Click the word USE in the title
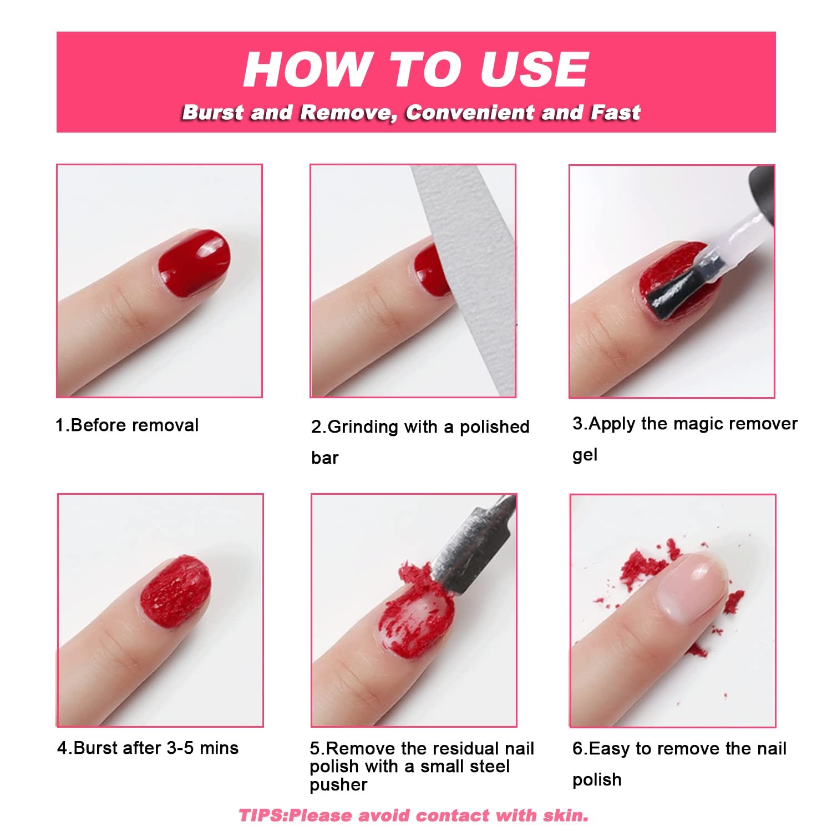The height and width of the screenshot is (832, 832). click(533, 69)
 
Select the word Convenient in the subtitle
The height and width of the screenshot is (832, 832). click(469, 113)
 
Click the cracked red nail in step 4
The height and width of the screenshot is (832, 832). click(175, 591)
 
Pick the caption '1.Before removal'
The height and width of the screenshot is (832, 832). click(127, 425)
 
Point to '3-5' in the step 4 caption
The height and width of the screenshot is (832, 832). click(181, 748)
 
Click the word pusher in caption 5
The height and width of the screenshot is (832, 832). click(338, 785)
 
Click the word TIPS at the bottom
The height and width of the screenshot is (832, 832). click(262, 815)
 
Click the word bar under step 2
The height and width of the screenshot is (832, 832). click(325, 458)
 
